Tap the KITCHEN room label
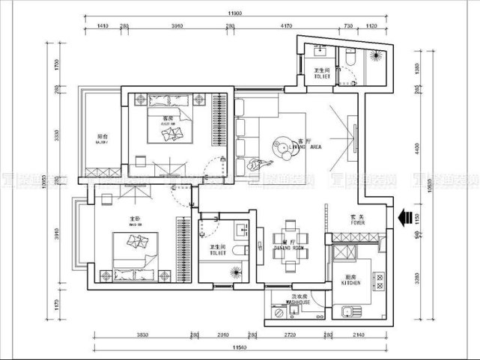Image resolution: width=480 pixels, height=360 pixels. (352, 283)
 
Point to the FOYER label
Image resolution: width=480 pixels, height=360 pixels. (357, 222)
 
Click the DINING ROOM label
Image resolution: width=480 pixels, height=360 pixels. (288, 247)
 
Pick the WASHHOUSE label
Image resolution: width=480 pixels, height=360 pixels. (298, 302)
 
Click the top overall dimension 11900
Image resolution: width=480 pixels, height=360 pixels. (234, 13)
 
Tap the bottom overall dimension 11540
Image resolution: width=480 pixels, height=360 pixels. (239, 349)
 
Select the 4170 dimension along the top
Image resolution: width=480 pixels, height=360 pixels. (285, 26)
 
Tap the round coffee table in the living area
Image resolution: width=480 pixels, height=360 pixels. (285, 141)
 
